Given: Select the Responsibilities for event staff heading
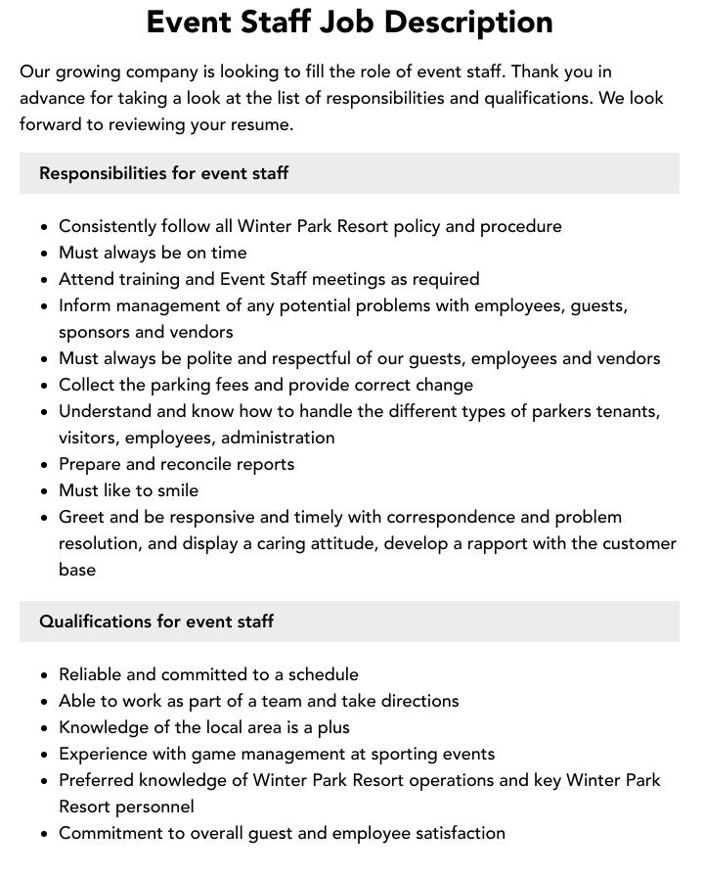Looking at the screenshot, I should [163, 173].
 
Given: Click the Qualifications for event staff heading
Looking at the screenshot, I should [156, 622].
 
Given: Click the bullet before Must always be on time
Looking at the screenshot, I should [44, 254].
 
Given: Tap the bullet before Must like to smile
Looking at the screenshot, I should [44, 491].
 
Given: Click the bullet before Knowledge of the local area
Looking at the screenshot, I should [44, 728].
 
